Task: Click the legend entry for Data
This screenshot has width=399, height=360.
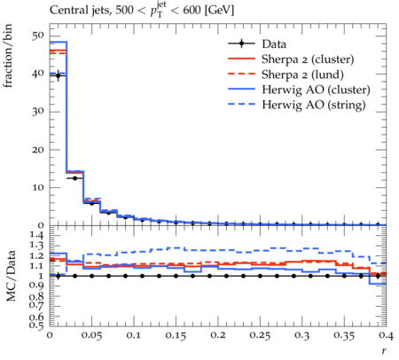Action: tap(274, 44)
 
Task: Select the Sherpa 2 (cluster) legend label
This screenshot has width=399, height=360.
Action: tap(308, 59)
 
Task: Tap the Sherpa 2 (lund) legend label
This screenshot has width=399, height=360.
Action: tap(302, 74)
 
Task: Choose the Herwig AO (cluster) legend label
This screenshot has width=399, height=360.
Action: tap(316, 90)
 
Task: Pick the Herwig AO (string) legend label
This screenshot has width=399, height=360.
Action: tap(314, 105)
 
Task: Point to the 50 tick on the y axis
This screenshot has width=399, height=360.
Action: tap(37, 35)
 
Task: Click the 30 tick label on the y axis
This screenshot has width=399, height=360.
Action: tap(37, 112)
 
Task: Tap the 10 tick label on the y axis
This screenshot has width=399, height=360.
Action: tap(37, 187)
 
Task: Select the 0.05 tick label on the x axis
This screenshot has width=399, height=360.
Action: tap(91, 335)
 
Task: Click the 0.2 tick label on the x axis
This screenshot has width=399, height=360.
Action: tap(218, 335)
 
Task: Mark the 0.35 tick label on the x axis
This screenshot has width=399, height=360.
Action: tap(344, 335)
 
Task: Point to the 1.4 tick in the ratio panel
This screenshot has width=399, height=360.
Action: tap(37, 235)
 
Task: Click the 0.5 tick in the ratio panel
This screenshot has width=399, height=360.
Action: tap(37, 325)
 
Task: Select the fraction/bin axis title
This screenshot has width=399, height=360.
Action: tap(8, 56)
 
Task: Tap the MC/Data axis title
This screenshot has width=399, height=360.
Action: tap(11, 276)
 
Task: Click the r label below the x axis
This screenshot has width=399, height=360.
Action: tap(384, 351)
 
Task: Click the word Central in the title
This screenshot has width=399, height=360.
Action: tap(66, 11)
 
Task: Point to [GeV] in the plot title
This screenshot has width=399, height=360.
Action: tap(218, 11)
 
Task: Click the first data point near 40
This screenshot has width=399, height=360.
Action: tap(58, 75)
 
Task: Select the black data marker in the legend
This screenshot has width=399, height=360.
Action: tap(241, 43)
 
